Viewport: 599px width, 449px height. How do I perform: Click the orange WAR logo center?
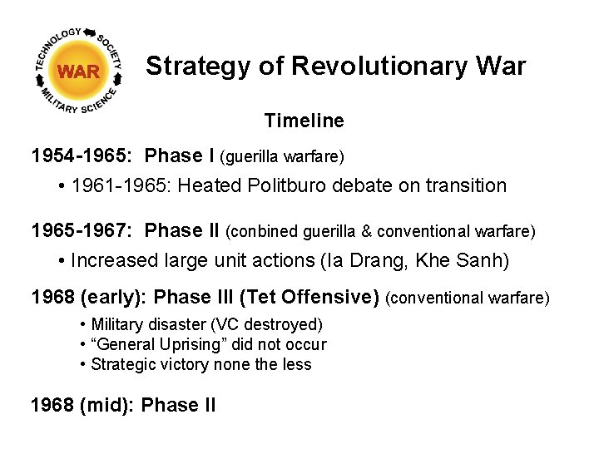tap(79, 72)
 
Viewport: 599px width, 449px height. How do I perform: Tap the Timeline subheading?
tap(304, 121)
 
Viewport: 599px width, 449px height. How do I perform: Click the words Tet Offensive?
tap(328, 297)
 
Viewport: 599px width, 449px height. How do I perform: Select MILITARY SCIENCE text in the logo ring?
tap(80, 105)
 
